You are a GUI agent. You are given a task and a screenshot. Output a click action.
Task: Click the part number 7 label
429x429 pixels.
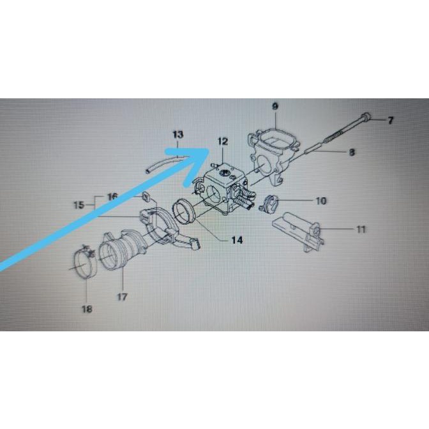coord(391,120)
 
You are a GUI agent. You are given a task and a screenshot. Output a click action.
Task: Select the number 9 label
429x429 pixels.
coord(275,105)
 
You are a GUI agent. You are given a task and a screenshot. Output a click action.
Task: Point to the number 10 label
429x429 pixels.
coord(320,200)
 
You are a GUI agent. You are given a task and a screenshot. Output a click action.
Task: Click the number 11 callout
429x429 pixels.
coord(361,228)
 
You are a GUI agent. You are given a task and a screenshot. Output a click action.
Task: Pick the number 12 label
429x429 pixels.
coord(222,141)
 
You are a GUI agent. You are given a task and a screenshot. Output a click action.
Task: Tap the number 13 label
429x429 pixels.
coord(177,135)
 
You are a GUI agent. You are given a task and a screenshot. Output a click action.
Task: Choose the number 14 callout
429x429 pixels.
coord(237,241)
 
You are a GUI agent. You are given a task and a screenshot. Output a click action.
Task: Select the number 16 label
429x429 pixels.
coord(112,197)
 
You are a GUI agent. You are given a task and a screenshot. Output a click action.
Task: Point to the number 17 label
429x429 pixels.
coord(122,296)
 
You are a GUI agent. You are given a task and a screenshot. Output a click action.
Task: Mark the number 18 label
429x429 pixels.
coord(87,310)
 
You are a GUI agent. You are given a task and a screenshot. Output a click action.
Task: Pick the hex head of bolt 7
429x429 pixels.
coord(365,118)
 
